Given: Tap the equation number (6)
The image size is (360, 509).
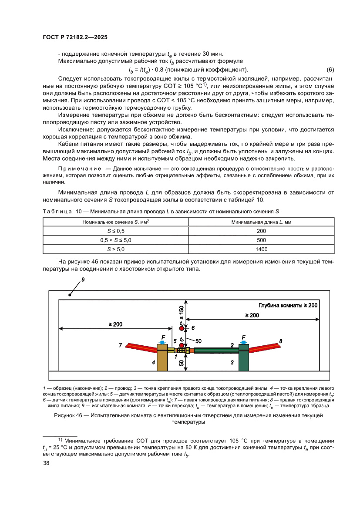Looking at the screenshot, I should [x=330, y=70].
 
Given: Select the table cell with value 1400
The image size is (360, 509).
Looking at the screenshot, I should [x=261, y=249].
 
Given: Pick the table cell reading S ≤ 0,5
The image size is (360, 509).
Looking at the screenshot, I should [x=115, y=231].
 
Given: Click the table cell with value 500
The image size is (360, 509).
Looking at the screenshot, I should [x=261, y=240].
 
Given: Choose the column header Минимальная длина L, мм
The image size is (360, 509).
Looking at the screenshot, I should [x=261, y=222].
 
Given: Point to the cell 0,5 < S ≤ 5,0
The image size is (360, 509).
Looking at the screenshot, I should [x=115, y=240].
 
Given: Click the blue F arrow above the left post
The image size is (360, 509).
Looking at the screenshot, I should [x=162, y=343].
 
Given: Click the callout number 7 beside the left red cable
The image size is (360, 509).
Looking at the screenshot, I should [x=121, y=345].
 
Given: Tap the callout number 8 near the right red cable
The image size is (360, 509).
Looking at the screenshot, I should [x=280, y=341].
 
